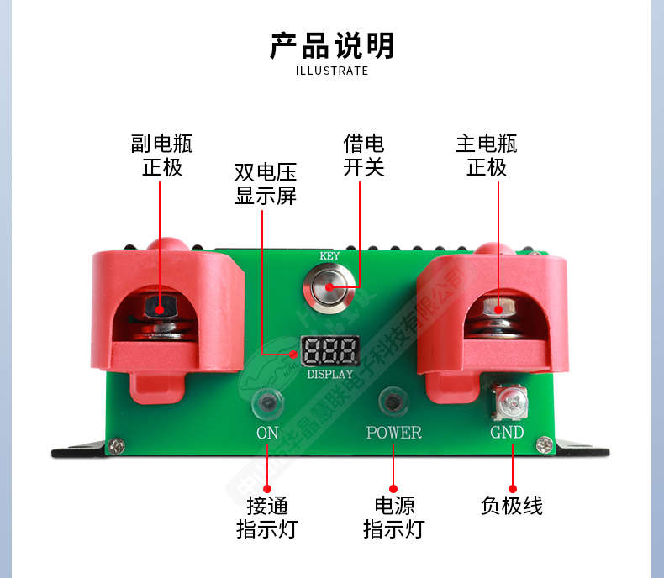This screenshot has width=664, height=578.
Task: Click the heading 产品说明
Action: point(332,46)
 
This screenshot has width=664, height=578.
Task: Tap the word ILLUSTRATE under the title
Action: point(332,71)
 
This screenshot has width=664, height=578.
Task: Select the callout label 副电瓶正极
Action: point(161,155)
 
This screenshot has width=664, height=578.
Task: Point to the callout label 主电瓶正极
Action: point(487,155)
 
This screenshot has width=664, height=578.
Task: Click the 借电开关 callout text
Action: point(363,155)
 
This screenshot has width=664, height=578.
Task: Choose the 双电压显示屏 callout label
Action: point(266,185)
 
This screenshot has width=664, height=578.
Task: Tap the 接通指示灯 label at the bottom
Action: point(267,518)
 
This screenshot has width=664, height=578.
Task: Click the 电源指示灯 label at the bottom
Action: point(393,518)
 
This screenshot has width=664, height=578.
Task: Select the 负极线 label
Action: point(512,506)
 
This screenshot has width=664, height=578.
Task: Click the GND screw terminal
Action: point(511,402)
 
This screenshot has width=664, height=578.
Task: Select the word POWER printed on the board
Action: point(393,433)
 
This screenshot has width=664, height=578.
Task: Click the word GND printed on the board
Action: point(507,433)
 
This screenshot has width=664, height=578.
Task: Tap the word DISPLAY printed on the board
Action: point(329,374)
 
